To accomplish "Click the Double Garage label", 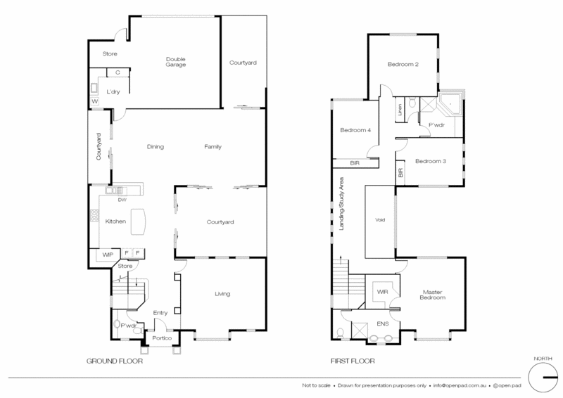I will [x=176, y=61].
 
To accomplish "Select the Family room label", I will [x=213, y=147].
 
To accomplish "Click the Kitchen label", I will [x=115, y=222].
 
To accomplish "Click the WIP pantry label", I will [x=108, y=253].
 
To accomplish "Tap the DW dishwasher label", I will [x=122, y=200].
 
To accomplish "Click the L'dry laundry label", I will [x=113, y=92].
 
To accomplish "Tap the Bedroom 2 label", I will [x=403, y=65].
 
